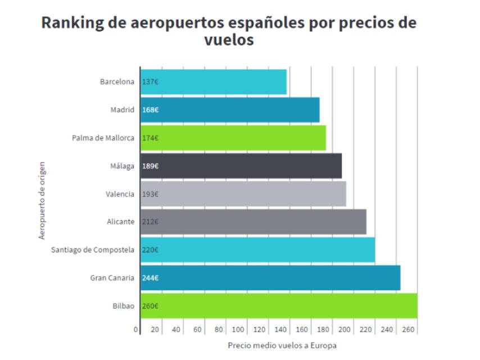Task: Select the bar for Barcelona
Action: click(x=214, y=82)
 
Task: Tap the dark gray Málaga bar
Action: click(x=241, y=166)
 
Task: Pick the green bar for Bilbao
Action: click(x=279, y=306)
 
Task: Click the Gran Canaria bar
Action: click(x=270, y=278)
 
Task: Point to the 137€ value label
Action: click(x=150, y=82)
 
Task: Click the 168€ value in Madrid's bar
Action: click(x=150, y=110)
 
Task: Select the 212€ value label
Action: click(x=150, y=222)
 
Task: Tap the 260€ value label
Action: click(x=150, y=306)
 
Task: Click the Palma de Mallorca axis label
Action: click(x=103, y=138)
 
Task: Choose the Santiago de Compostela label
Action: click(x=93, y=250)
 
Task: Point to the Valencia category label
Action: click(x=120, y=194)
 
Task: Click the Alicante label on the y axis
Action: click(x=120, y=222)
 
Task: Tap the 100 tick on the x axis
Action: click(x=238, y=330)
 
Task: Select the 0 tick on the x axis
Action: click(x=135, y=330)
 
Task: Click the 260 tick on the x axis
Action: click(x=409, y=330)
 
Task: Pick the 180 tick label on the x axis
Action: click(x=323, y=330)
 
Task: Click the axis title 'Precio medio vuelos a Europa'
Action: click(x=282, y=345)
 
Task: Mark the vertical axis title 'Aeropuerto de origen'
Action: click(x=42, y=201)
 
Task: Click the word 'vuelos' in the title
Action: click(x=230, y=41)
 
